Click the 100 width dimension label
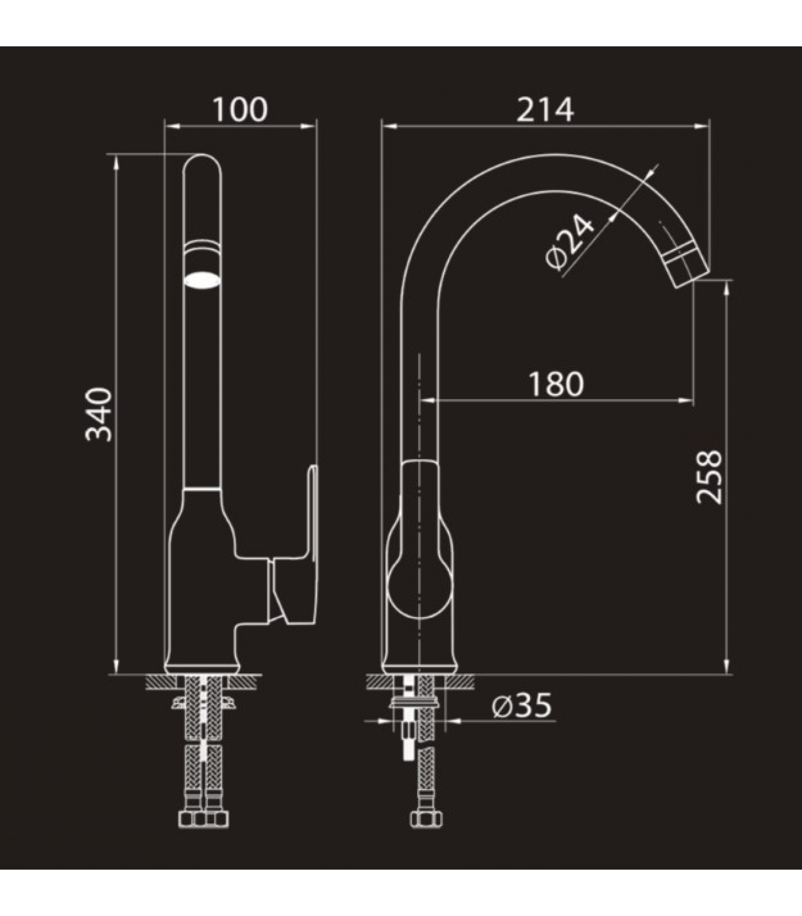point(241,110)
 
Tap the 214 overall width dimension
point(545,110)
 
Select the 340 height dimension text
point(99,414)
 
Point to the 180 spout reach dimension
point(556,384)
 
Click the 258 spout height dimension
point(709,477)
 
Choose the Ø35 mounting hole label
point(521,705)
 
